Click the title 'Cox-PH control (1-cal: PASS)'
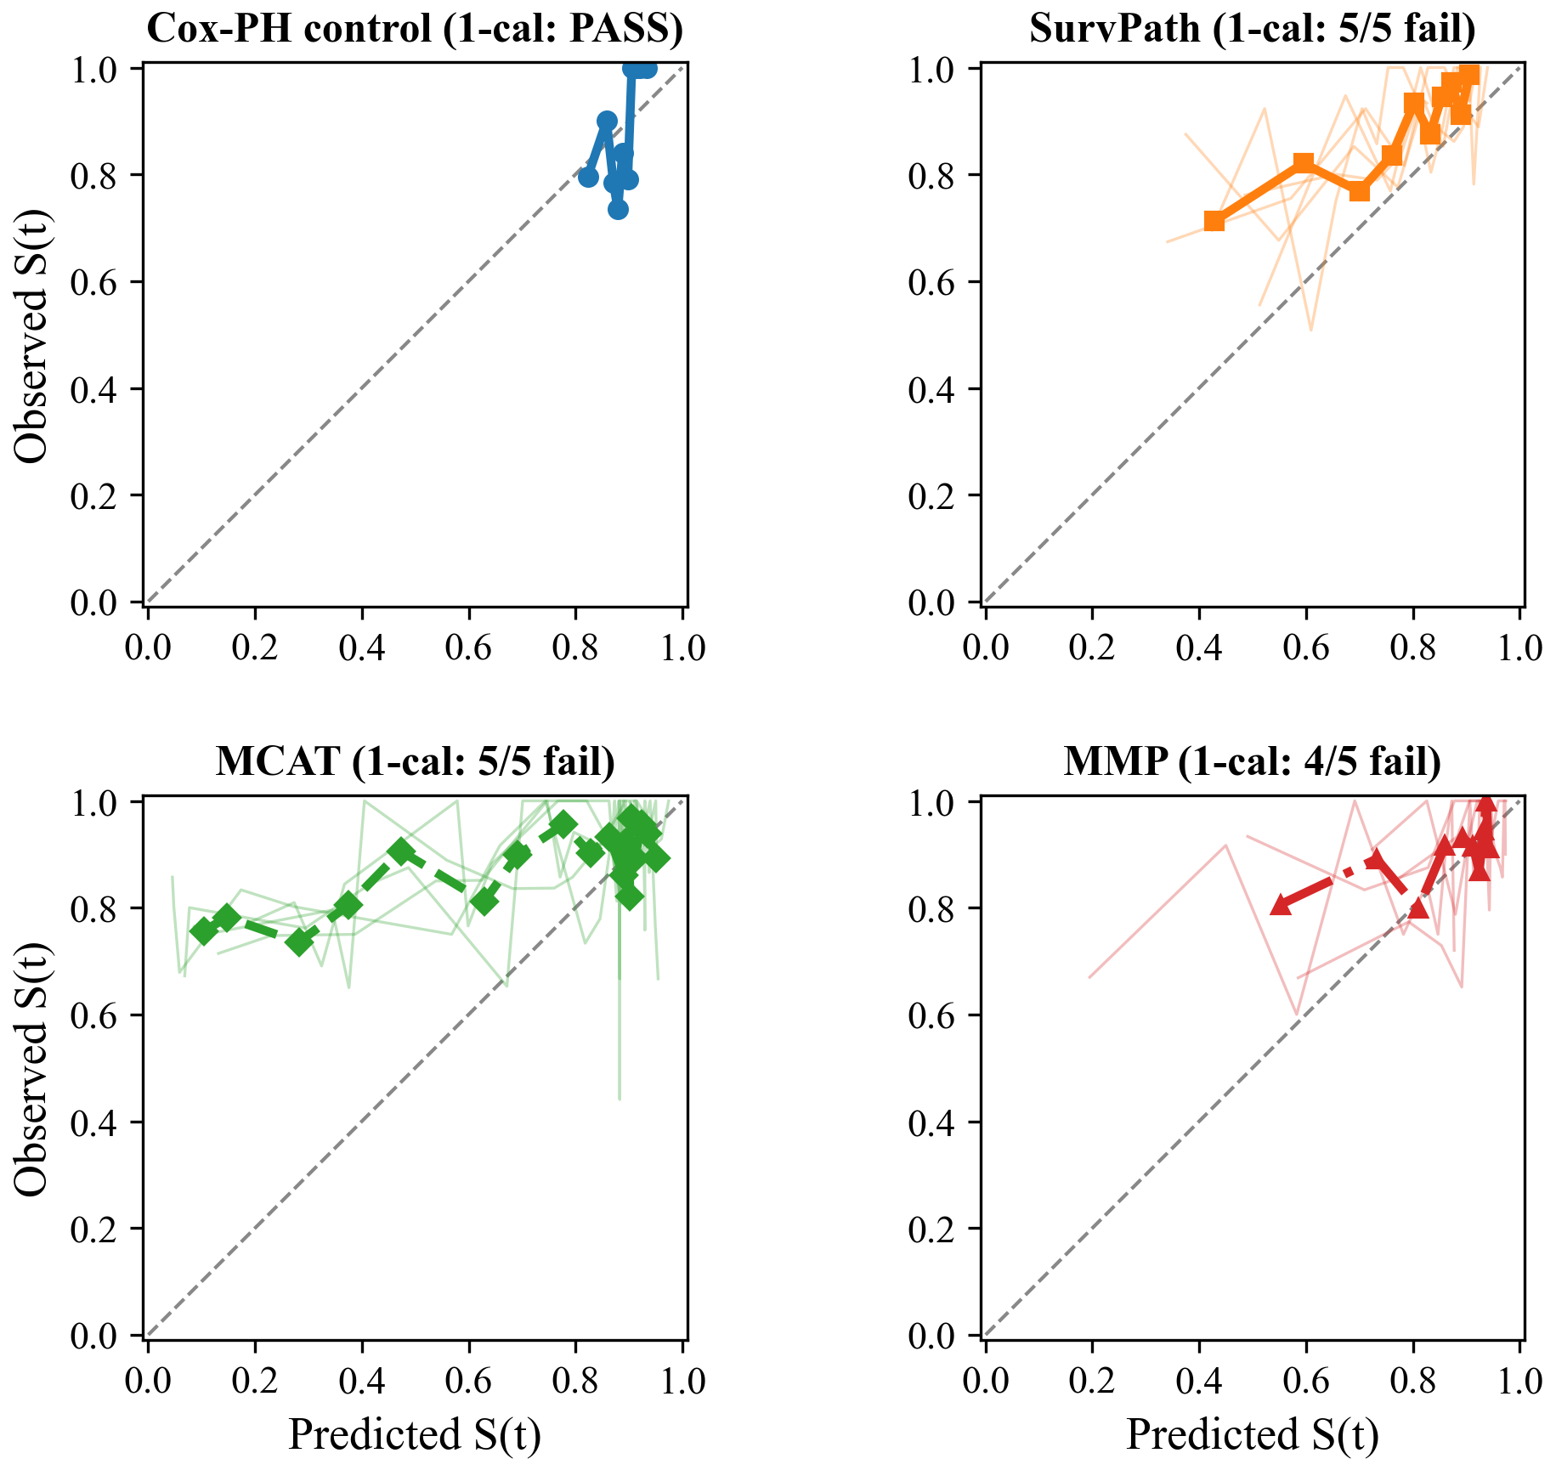coord(415,29)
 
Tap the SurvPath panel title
coord(1252,29)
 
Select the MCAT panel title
coord(415,761)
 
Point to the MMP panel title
coord(1252,761)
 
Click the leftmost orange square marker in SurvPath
coord(1214,221)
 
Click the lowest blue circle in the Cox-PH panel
coord(618,209)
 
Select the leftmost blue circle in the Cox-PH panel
coord(588,177)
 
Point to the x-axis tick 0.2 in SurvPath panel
coord(1092,647)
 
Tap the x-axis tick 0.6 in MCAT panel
coord(468,1381)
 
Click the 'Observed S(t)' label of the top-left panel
coord(32,336)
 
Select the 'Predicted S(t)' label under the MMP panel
coord(1252,1434)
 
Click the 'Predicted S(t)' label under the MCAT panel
coord(415,1434)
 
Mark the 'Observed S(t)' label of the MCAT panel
coord(32,1069)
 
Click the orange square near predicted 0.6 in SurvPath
coord(1303,163)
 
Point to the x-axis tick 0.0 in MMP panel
coord(986,1381)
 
